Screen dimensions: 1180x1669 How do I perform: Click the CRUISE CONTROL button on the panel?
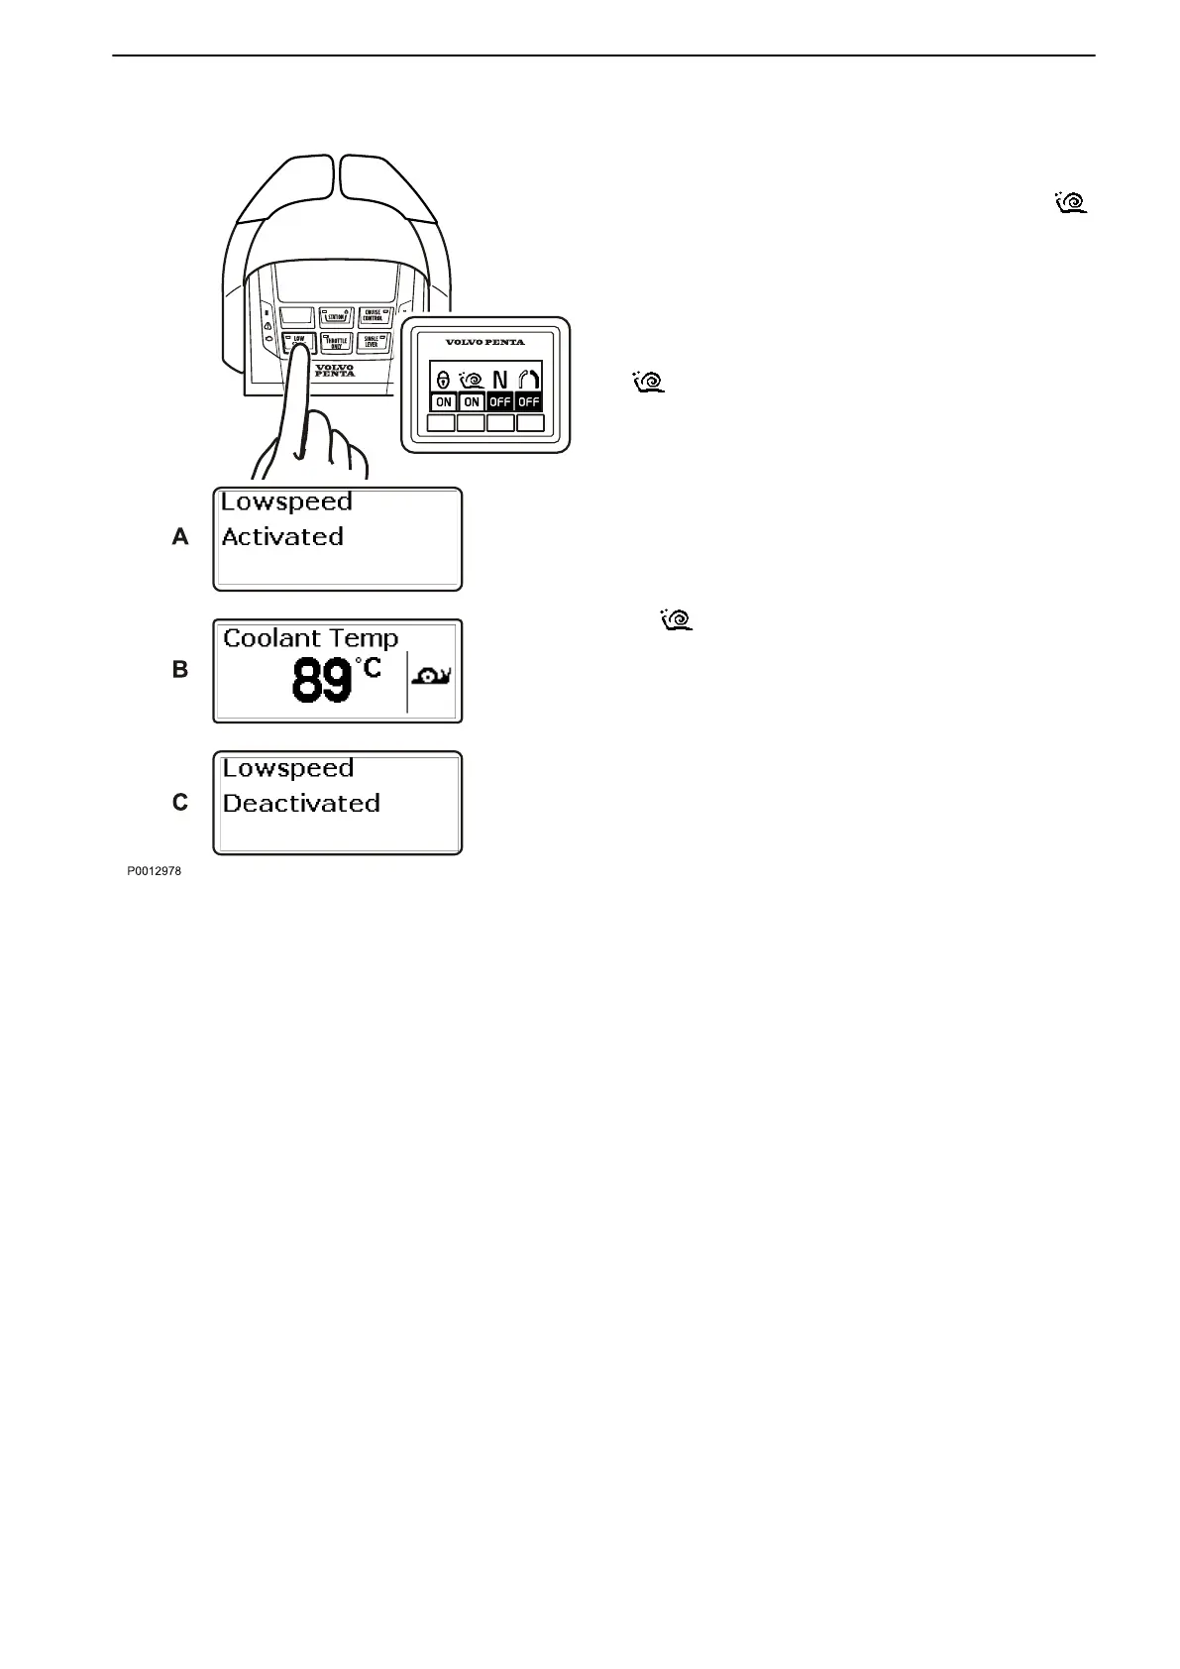(x=373, y=316)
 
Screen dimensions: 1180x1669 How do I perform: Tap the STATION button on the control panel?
(x=336, y=317)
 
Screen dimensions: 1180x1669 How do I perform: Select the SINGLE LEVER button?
(x=373, y=343)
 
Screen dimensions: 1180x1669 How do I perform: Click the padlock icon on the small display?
(x=443, y=380)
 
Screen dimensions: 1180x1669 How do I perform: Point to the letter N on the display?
(x=500, y=380)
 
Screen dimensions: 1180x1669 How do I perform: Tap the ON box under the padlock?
(x=444, y=402)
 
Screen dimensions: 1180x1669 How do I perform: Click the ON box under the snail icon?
(x=472, y=402)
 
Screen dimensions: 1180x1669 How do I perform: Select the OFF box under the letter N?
(x=500, y=402)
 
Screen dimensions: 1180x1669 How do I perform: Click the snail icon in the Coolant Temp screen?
(x=432, y=677)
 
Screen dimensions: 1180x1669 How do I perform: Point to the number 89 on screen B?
(x=322, y=682)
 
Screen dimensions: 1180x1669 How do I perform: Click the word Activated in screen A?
(x=282, y=537)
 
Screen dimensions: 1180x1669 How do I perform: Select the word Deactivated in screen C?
(x=301, y=803)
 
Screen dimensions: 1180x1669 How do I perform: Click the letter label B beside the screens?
(x=180, y=670)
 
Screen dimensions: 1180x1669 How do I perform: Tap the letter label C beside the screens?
(x=180, y=802)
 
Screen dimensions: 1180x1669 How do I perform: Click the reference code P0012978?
(x=154, y=872)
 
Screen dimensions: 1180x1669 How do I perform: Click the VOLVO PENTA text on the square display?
(x=485, y=343)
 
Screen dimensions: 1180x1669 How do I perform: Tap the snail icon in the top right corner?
(x=1072, y=203)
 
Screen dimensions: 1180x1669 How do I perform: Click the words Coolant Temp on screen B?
(x=310, y=638)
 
